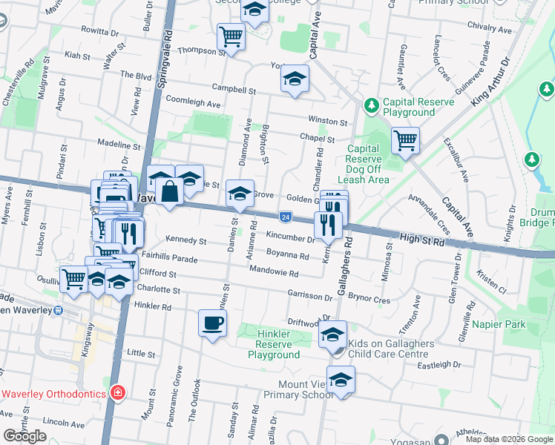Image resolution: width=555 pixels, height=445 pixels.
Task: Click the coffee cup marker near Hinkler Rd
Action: coord(212,323)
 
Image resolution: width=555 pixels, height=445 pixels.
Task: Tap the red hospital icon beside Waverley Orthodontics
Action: coord(117,392)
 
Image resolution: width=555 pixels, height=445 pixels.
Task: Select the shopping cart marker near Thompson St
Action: coord(231,36)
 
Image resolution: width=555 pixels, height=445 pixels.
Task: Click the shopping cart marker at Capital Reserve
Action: coord(405,139)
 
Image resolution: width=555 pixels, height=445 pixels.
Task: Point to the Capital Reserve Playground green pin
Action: coord(370,107)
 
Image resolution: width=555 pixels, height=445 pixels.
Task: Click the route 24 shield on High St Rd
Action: coord(286,217)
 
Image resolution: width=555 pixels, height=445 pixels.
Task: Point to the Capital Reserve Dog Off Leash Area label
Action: coord(364,164)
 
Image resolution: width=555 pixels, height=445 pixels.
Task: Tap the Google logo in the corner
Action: coord(24,435)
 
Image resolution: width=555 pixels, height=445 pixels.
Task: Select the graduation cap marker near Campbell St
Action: coord(295,78)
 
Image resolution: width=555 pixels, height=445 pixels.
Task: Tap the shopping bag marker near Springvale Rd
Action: coord(170,191)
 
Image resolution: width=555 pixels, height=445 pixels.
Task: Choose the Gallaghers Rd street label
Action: coord(344,268)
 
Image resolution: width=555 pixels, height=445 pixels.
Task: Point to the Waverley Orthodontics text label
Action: coord(53,393)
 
